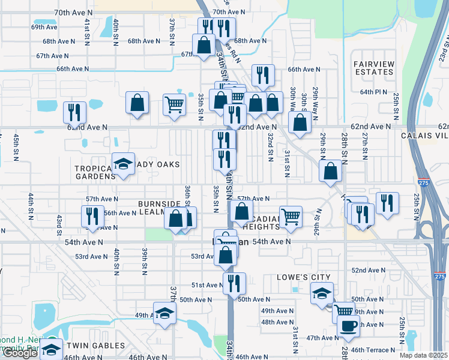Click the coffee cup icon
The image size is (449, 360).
pyautogui.click(x=349, y=326)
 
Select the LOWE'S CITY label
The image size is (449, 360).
pyautogui.click(x=304, y=277)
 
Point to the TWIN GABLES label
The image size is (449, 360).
pyautogui.click(x=95, y=346)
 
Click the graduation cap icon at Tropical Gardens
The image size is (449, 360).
pyautogui.click(x=123, y=164)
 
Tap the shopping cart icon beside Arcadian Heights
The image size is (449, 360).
pyautogui.click(x=291, y=217)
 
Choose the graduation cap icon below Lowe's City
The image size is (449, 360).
pyautogui.click(x=322, y=293)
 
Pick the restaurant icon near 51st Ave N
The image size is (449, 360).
pyautogui.click(x=234, y=282)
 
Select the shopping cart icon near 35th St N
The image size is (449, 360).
pyautogui.click(x=174, y=104)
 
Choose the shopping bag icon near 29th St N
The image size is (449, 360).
pyautogui.click(x=330, y=170)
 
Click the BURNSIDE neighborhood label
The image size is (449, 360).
pyautogui.click(x=159, y=204)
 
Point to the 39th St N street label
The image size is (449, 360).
pyautogui.click(x=145, y=260)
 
